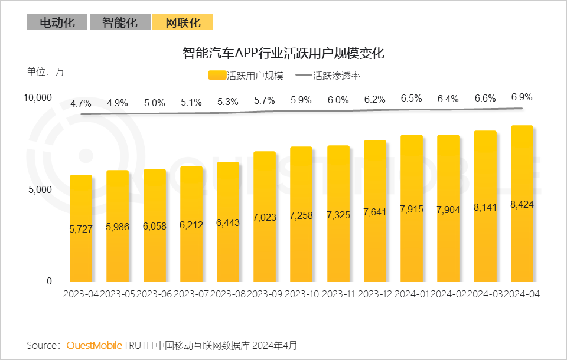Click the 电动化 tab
pos(57,22)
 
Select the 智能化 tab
pos(119,22)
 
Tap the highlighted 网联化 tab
pos(183,22)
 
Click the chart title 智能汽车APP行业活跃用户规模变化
pos(283,53)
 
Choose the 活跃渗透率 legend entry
pos(328,76)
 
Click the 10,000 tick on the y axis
pos(38,97)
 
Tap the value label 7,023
pos(265,217)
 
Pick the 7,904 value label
pos(448,210)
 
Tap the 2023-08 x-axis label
pos(229,294)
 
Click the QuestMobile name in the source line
pos(94,345)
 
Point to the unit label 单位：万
pos(45,72)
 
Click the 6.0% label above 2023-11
pos(338,100)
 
